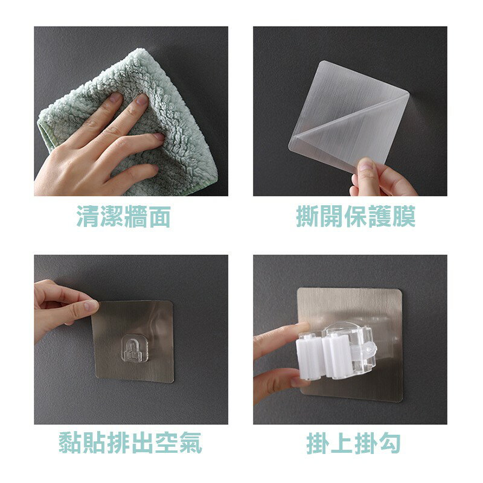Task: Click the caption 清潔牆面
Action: [124, 217]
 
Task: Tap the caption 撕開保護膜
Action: [356, 216]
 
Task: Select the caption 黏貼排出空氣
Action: [130, 443]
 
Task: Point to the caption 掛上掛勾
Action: [354, 443]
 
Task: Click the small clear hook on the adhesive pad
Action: [134, 348]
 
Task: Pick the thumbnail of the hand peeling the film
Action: [350, 111]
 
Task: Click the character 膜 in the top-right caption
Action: [404, 216]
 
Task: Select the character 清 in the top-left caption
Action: [88, 217]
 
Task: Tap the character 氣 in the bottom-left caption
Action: [191, 443]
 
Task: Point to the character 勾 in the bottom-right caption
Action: [389, 443]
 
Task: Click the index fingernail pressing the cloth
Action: [142, 99]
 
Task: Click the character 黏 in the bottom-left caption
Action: [71, 443]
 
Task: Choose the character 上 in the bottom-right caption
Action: [342, 443]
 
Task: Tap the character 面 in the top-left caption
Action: [159, 217]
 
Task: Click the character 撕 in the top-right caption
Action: [308, 216]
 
